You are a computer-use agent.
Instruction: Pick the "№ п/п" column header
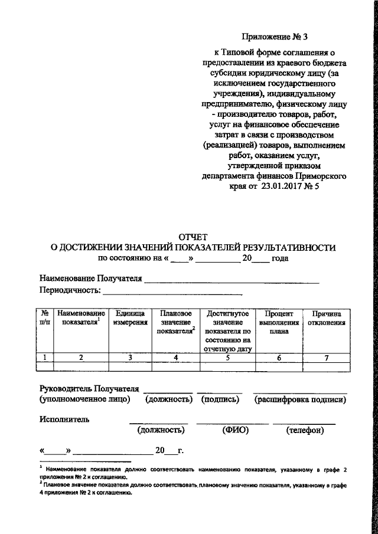[45, 319]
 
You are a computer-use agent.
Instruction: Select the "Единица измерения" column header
[130, 319]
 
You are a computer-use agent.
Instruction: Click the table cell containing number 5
[227, 356]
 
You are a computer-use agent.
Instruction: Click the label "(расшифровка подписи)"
[300, 399]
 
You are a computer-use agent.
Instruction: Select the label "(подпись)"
[220, 399]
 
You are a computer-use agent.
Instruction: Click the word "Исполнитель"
[64, 420]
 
